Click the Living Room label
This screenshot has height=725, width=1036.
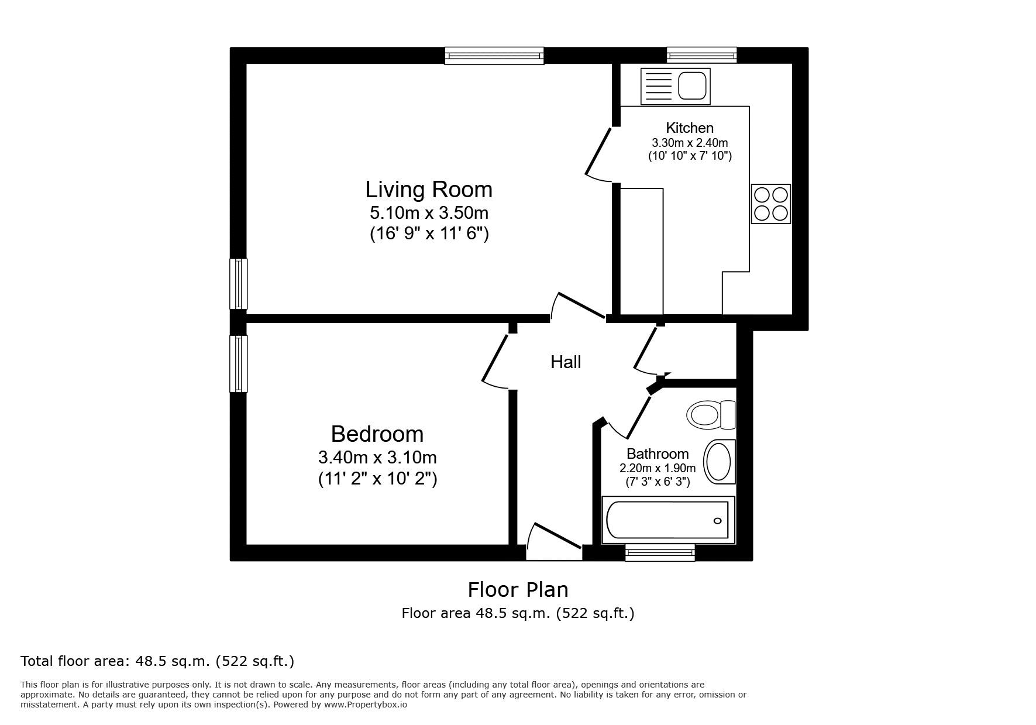(x=429, y=190)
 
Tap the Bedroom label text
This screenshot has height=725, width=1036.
(x=377, y=434)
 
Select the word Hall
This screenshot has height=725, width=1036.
(x=566, y=362)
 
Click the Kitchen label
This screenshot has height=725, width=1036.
(x=690, y=128)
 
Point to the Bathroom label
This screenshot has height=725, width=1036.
(x=658, y=453)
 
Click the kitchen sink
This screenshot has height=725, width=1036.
(x=676, y=87)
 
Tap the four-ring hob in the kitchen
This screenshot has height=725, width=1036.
(x=771, y=204)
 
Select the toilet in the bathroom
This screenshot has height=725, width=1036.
(x=711, y=415)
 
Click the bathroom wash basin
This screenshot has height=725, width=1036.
(x=719, y=462)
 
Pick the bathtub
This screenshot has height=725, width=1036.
(x=668, y=520)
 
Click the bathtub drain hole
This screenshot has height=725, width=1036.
(x=717, y=521)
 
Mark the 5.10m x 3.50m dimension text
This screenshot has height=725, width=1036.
(x=429, y=212)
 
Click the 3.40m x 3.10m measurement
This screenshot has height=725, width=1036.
(x=377, y=456)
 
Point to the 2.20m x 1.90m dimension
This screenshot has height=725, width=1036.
(x=658, y=468)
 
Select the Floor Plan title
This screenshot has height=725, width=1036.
(x=518, y=589)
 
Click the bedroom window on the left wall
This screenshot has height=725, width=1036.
(x=239, y=363)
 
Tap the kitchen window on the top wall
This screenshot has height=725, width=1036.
(x=702, y=56)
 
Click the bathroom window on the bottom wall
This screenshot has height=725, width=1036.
(x=660, y=552)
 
